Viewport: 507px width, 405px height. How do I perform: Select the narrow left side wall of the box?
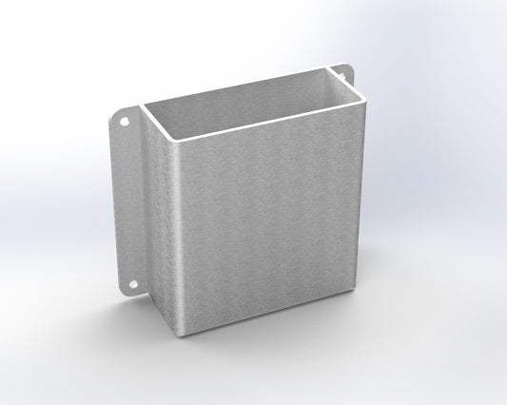pos(157,219)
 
